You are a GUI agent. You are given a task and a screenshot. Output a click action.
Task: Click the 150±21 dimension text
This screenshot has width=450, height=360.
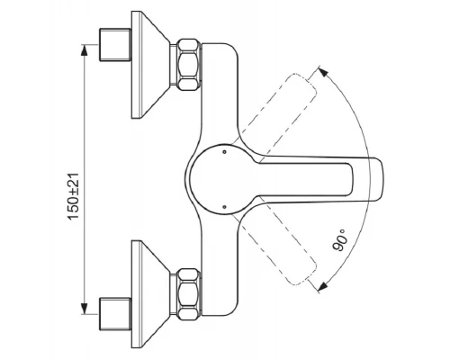(74, 196)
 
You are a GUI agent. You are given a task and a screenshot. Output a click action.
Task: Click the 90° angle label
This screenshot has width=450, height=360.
(339, 239)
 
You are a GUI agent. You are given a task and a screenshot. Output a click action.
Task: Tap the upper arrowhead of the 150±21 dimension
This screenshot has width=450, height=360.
(85, 50)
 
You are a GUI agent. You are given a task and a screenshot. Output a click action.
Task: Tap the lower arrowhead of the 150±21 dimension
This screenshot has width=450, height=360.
(85, 309)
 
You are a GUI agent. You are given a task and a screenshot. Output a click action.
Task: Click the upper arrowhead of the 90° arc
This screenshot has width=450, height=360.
(323, 72)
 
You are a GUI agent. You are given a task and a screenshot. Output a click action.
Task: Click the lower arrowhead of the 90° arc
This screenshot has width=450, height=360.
(322, 286)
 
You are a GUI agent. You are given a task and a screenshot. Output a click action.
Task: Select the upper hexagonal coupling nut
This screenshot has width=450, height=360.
(189, 64)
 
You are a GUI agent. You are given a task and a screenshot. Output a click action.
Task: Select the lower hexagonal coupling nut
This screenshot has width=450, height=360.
(188, 294)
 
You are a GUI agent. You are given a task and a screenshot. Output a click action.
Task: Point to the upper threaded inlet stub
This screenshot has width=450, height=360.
(115, 45)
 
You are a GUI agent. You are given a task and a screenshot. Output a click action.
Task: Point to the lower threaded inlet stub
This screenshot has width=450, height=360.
(115, 314)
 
